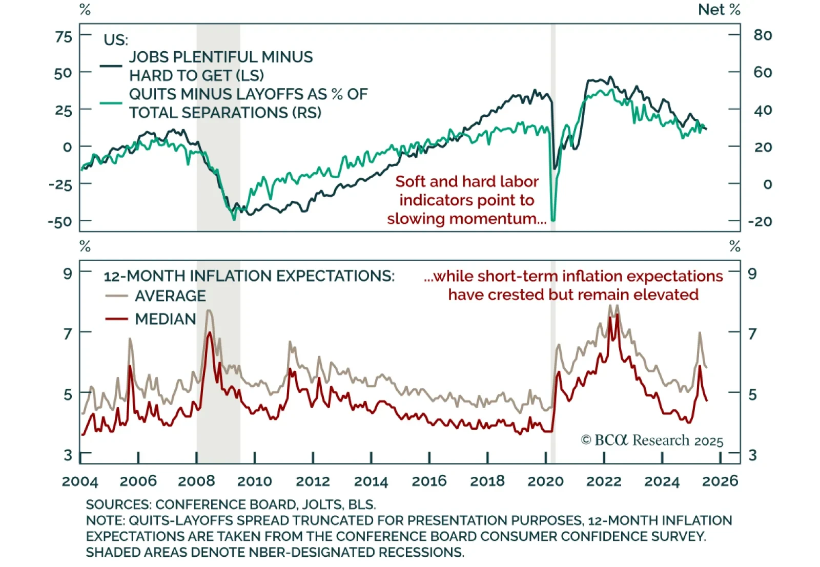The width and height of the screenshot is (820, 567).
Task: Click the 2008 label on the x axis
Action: [196, 481]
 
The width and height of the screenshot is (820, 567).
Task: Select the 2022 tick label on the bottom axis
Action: [604, 481]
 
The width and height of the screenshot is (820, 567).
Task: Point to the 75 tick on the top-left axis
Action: [64, 36]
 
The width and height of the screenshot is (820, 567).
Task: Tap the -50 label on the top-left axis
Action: [60, 222]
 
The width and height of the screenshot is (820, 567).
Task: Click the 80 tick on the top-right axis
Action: [763, 35]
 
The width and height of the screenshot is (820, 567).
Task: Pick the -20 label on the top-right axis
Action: [760, 222]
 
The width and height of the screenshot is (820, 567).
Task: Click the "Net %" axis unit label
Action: [719, 10]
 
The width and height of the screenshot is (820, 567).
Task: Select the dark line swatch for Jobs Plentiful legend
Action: [111, 66]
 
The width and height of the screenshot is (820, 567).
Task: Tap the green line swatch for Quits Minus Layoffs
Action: [111, 103]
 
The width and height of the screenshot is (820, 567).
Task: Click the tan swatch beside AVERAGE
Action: [116, 296]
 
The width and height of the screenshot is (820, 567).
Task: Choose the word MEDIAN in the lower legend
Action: [166, 319]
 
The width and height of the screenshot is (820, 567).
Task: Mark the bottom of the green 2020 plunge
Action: [553, 220]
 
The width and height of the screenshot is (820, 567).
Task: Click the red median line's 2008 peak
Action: [209, 333]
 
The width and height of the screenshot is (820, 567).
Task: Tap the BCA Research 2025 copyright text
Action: [652, 440]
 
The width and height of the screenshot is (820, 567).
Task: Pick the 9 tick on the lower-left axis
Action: [67, 274]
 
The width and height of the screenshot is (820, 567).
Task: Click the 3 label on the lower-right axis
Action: [752, 455]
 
